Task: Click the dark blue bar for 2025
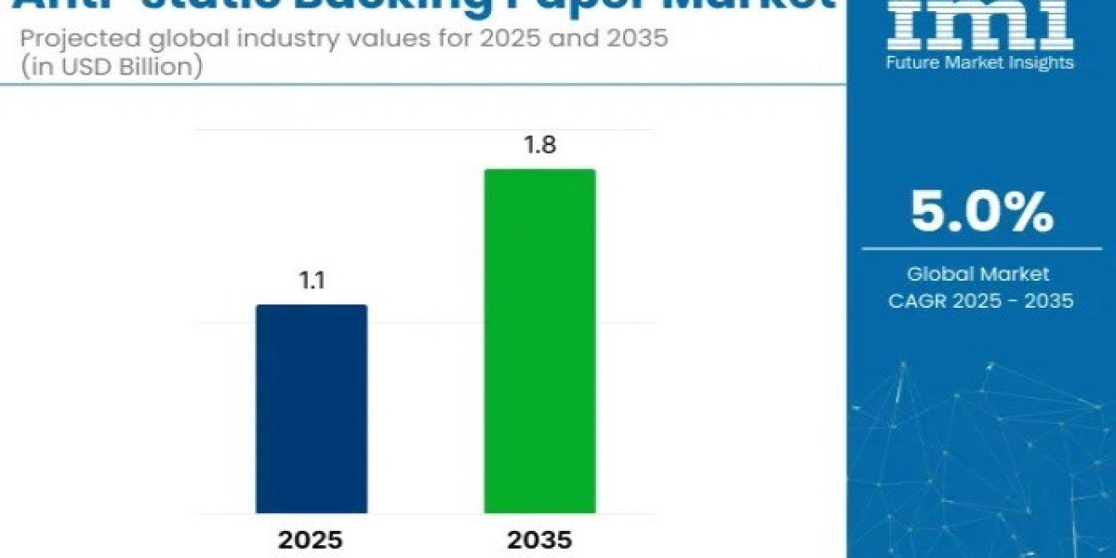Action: [x=312, y=409]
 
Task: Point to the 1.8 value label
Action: [x=539, y=147]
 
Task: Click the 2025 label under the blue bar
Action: [x=312, y=540]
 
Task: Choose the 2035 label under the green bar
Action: [x=539, y=540]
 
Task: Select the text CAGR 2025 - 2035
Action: [x=981, y=300]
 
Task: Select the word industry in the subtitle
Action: [x=216, y=40]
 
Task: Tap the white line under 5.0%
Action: [x=981, y=248]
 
